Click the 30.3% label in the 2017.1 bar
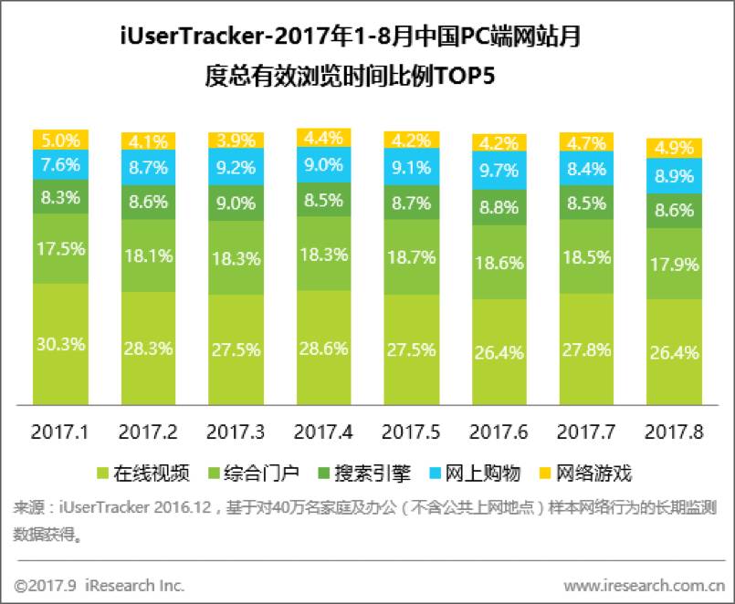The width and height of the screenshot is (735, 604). coord(60,344)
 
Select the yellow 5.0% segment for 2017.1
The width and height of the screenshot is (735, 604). coord(60,141)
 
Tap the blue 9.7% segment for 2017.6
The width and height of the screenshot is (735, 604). coord(499,171)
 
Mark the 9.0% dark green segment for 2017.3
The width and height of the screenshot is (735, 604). coord(236,203)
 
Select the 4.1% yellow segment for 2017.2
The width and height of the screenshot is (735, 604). coord(148,142)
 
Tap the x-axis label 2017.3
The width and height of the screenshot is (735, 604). coord(236,430)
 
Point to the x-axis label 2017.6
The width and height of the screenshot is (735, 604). coord(499,430)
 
